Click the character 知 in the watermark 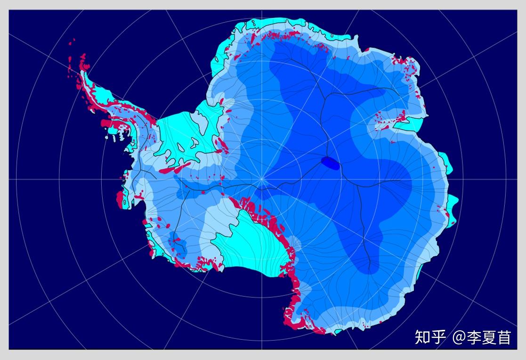pyautogui.click(x=423, y=337)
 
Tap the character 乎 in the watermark pyautogui.click(x=438, y=337)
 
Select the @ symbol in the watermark pyautogui.click(x=459, y=338)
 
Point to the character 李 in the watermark pyautogui.click(x=475, y=337)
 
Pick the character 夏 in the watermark pyautogui.click(x=490, y=337)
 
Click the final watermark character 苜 pyautogui.click(x=504, y=337)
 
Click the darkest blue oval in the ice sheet pyautogui.click(x=330, y=163)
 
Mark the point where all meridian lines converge pyautogui.click(x=262, y=179)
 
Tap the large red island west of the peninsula pyautogui.click(x=106, y=123)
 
